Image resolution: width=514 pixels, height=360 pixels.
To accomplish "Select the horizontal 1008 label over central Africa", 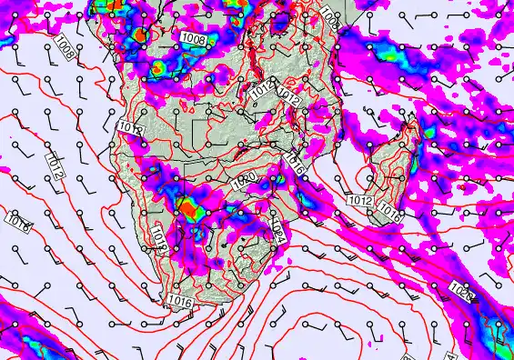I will pyautogui.click(x=192, y=38).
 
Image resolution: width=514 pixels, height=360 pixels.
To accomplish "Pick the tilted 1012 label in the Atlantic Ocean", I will pyautogui.click(x=54, y=165).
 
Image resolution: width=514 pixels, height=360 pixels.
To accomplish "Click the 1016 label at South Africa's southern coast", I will pyautogui.click(x=179, y=299).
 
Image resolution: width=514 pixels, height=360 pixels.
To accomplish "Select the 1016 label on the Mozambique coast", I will pyautogui.click(x=294, y=165).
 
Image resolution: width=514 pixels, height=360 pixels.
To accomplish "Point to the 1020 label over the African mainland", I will pyautogui.click(x=244, y=182).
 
